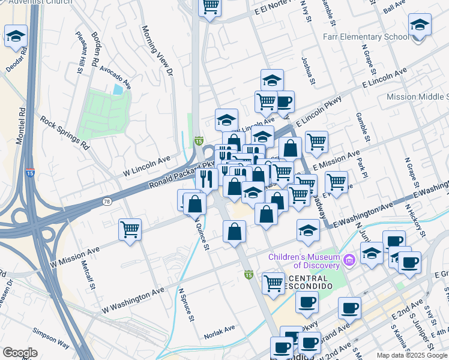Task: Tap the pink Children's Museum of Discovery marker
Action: click(350, 259)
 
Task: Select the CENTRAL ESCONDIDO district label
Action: click(309, 283)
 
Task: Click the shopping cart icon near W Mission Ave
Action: click(130, 230)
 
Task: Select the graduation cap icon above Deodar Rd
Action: click(16, 35)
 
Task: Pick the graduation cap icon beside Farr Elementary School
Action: click(420, 25)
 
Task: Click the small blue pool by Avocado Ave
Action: click(118, 89)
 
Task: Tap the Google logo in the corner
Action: click(20, 353)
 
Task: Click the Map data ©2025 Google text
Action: click(411, 355)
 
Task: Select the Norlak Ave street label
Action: click(219, 329)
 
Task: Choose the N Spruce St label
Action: click(185, 306)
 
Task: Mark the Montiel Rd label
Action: click(22, 127)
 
